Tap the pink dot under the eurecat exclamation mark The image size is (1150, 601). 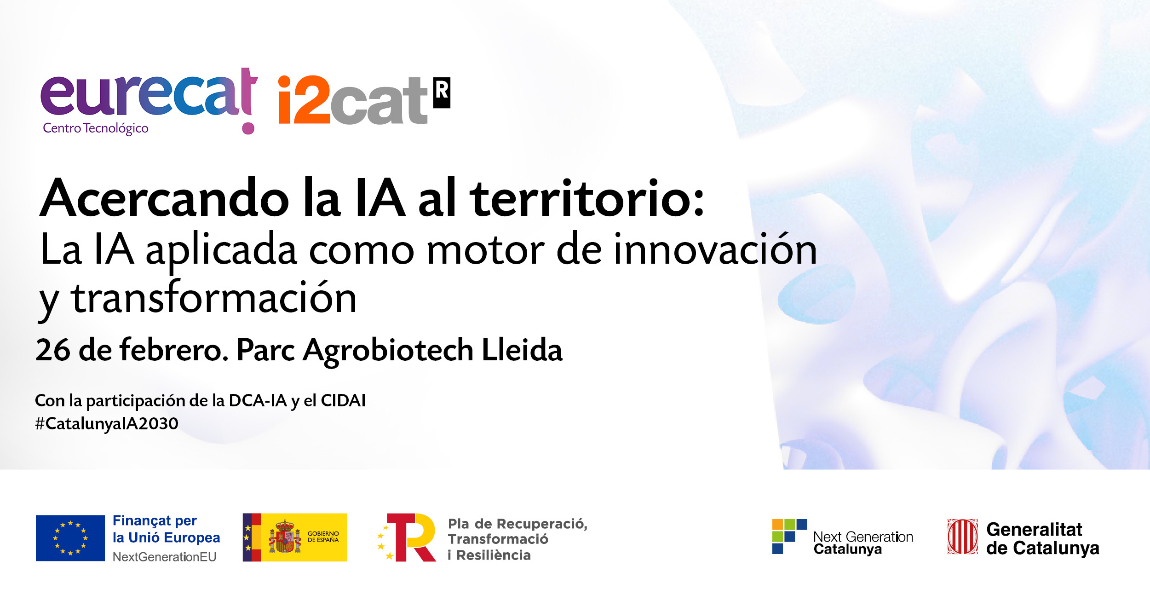tap(248, 128)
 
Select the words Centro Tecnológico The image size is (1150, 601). tap(96, 128)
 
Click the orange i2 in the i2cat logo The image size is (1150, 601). tap(304, 100)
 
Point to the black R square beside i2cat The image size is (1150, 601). tap(442, 93)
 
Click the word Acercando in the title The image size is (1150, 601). tap(165, 198)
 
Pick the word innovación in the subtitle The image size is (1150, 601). tap(715, 248)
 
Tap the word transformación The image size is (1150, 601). tap(213, 297)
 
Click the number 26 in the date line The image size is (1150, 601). tap(53, 350)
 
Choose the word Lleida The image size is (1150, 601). tap(522, 349)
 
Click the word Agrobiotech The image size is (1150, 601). tap(388, 351)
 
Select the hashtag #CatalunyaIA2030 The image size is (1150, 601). tap(107, 424)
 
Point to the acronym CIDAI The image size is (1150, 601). tap(343, 400)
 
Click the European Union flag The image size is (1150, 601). tap(70, 538)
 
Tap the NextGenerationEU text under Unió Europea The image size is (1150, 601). tap(164, 557)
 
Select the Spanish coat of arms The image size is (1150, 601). tap(285, 537)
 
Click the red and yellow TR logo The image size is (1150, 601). tap(407, 537)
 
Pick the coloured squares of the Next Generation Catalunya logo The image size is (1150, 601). tap(789, 536)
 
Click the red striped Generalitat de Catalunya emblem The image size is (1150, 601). tap(963, 537)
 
